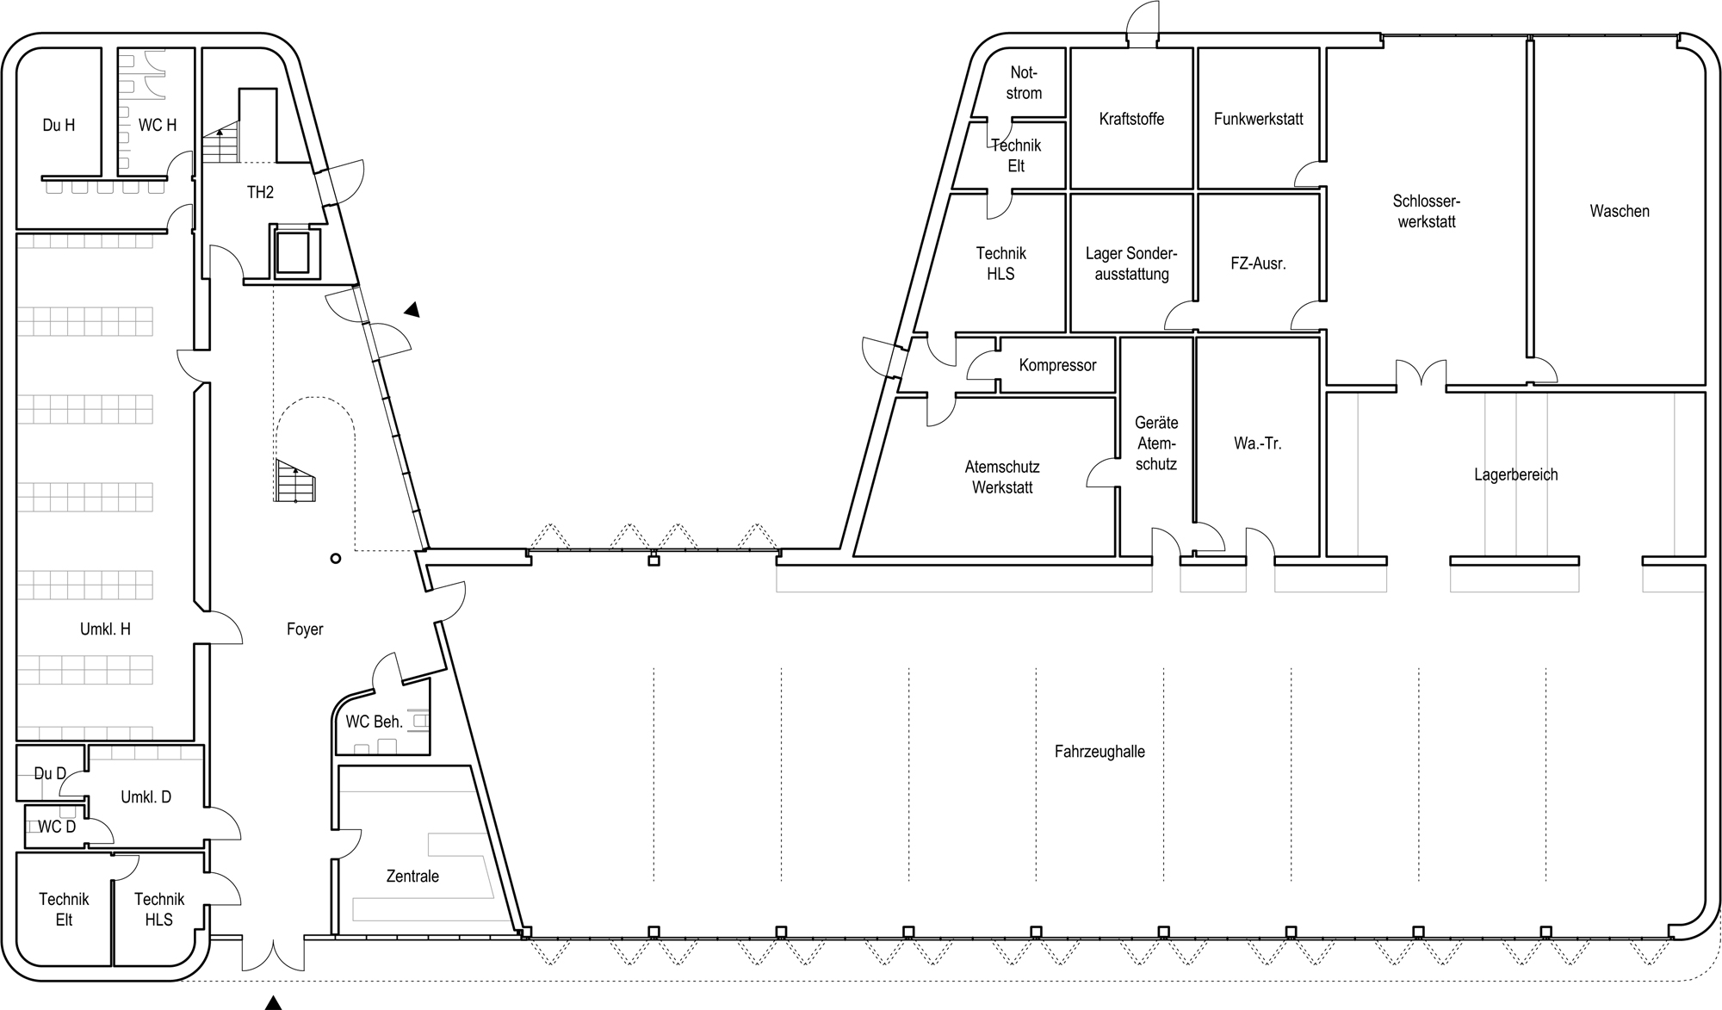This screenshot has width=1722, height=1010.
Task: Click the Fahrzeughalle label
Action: (x=1099, y=752)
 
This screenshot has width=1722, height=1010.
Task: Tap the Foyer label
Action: (x=305, y=629)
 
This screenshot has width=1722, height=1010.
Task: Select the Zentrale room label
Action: (x=412, y=877)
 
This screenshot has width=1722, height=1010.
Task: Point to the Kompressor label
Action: (x=1057, y=365)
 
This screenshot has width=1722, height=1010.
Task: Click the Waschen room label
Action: (x=1620, y=211)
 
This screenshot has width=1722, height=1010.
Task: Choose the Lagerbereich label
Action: (x=1516, y=474)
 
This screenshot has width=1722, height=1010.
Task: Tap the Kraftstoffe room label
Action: (x=1131, y=119)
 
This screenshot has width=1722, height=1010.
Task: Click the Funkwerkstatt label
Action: (x=1259, y=119)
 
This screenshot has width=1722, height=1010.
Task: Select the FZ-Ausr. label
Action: (x=1258, y=263)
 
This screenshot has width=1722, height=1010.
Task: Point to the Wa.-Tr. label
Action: (x=1257, y=444)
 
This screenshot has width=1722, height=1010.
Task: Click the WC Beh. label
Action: (x=374, y=722)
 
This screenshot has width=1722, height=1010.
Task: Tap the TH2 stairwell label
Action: (x=260, y=192)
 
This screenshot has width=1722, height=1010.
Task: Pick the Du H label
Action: (x=59, y=126)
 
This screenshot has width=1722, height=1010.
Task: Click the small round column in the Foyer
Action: (x=336, y=559)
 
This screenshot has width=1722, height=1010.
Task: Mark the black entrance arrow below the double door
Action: (x=273, y=1002)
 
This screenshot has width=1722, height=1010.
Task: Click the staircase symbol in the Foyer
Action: (x=295, y=480)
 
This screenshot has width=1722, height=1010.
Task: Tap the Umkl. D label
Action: (x=146, y=797)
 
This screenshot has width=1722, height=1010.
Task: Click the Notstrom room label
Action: (x=1024, y=83)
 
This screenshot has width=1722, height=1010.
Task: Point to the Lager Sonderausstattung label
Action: (x=1131, y=263)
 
